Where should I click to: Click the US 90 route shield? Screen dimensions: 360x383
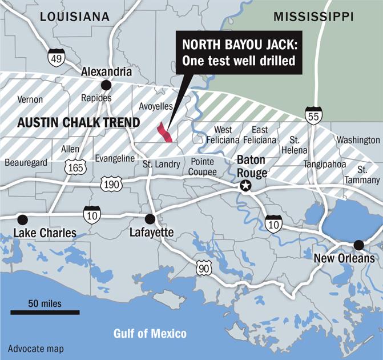204,267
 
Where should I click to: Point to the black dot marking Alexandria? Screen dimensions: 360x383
106,85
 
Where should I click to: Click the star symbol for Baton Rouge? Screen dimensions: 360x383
245,185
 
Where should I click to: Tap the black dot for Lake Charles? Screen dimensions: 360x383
22,219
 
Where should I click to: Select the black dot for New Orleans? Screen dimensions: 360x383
358,245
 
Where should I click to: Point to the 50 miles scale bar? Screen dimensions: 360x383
45,312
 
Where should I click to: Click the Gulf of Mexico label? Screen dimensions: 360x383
150,333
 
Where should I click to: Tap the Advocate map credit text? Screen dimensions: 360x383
35,349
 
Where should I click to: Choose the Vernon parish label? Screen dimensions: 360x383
30,99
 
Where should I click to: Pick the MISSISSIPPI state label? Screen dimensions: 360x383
313,17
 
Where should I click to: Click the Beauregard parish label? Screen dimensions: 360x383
26,163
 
